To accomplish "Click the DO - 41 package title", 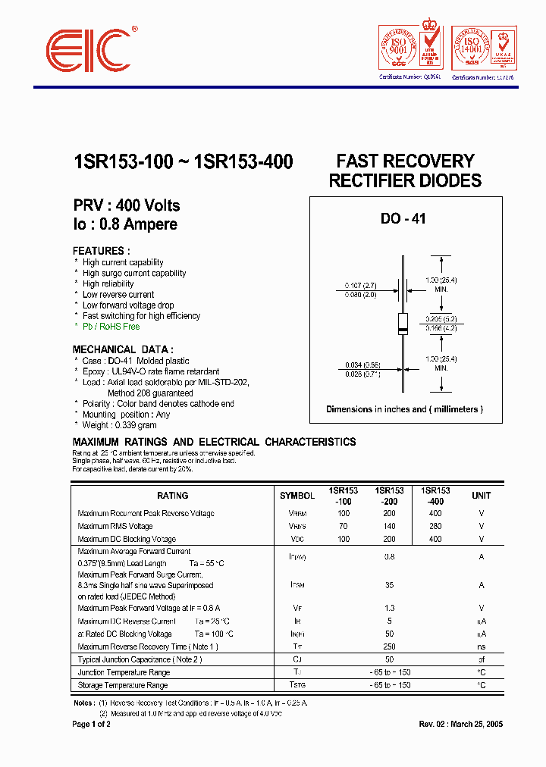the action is click(x=403, y=219).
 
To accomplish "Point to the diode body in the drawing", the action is click(x=403, y=323).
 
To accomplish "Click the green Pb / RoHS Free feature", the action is click(x=111, y=327).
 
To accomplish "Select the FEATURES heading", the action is click(x=101, y=251).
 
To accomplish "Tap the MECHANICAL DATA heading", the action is click(x=122, y=349).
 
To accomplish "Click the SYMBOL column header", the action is click(x=297, y=496).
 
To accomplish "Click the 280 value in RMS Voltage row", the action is click(x=435, y=526).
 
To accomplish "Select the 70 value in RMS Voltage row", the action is click(x=344, y=526).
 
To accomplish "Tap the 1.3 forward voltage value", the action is click(x=390, y=608).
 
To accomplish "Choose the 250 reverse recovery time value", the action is click(x=390, y=646).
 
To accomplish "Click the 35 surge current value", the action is click(x=390, y=585).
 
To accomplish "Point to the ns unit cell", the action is click(x=481, y=646).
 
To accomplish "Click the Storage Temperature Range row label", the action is click(x=123, y=685).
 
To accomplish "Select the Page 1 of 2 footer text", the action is click(x=91, y=724).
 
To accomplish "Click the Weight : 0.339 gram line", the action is click(x=120, y=425).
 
